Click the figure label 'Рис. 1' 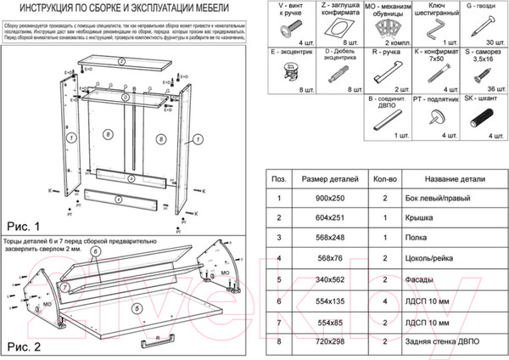[x=24, y=227]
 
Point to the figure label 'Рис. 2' [x=24, y=346]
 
